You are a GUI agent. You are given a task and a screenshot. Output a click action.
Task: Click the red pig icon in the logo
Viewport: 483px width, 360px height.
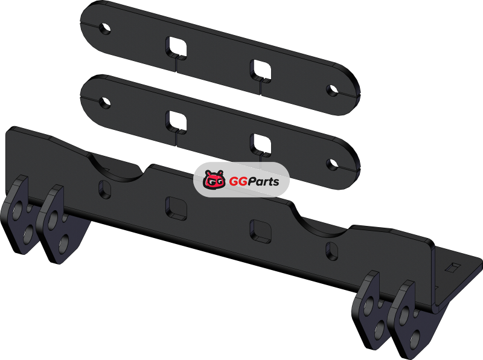point(214,179)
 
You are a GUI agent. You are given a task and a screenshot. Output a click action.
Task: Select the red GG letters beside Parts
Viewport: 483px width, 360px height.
point(237,181)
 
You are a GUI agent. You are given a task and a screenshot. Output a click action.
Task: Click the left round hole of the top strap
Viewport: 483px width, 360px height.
point(105,28)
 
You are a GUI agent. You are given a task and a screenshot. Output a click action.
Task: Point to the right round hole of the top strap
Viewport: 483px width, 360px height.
point(333,91)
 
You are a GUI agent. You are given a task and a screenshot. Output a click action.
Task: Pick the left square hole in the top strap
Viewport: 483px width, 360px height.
point(176,47)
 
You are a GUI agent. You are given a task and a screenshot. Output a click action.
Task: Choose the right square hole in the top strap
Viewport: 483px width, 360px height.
point(261,71)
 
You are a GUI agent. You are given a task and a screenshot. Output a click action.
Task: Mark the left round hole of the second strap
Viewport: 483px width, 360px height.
point(105,103)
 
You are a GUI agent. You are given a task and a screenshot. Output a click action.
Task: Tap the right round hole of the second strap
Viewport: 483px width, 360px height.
point(333,164)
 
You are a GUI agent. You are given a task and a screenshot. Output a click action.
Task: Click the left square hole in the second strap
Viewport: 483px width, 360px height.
point(176,121)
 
